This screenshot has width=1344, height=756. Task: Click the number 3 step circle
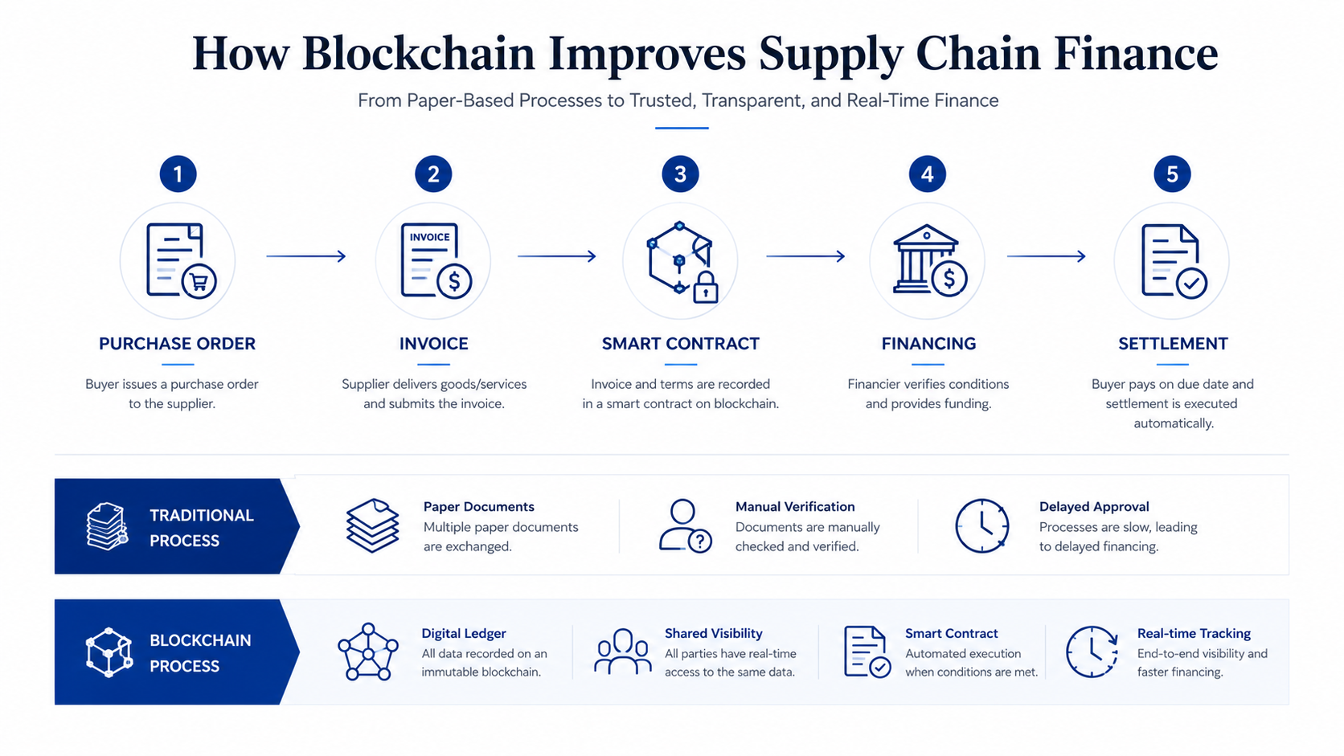coord(680,174)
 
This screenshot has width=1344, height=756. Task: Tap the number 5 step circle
coord(1172,174)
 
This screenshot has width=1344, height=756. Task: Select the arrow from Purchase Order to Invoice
coord(306,256)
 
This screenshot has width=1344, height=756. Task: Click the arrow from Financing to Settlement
coord(1046,256)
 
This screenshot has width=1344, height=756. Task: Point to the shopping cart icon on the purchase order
coord(199,281)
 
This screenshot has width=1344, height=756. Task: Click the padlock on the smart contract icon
coord(706,288)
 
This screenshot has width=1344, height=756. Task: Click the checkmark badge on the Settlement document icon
coord(1191,283)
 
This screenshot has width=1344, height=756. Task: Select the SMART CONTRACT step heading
coord(680,344)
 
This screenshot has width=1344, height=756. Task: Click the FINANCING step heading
coord(928,344)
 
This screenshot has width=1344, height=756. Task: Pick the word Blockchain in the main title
coord(418,53)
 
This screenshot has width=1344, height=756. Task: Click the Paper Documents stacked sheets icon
coord(373,525)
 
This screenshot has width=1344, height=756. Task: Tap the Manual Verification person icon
coord(685,525)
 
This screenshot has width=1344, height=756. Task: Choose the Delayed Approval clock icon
coord(981,525)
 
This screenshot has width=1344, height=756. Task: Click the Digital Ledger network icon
coord(368,652)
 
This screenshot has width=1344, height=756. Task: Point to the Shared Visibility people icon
coord(622,651)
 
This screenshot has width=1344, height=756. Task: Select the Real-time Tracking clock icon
coord(1092,652)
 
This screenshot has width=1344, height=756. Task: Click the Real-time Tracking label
coord(1194,633)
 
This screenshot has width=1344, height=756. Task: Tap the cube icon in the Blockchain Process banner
coord(109,652)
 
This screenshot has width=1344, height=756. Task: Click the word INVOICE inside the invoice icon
coord(429,237)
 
